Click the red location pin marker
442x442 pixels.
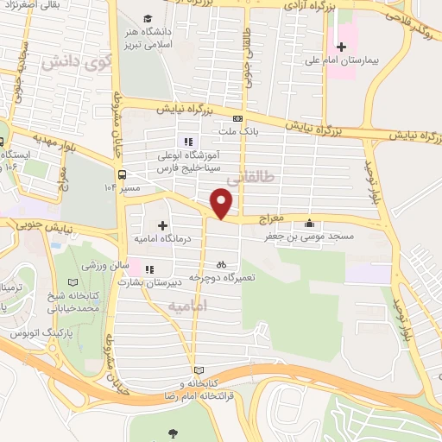[222, 203]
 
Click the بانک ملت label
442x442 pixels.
[238, 131]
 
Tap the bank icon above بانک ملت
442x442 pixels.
[237, 118]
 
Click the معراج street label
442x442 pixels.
[270, 220]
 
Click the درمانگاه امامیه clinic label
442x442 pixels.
[161, 237]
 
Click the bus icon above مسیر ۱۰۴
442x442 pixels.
[123, 172]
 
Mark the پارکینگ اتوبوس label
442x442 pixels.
[35, 332]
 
